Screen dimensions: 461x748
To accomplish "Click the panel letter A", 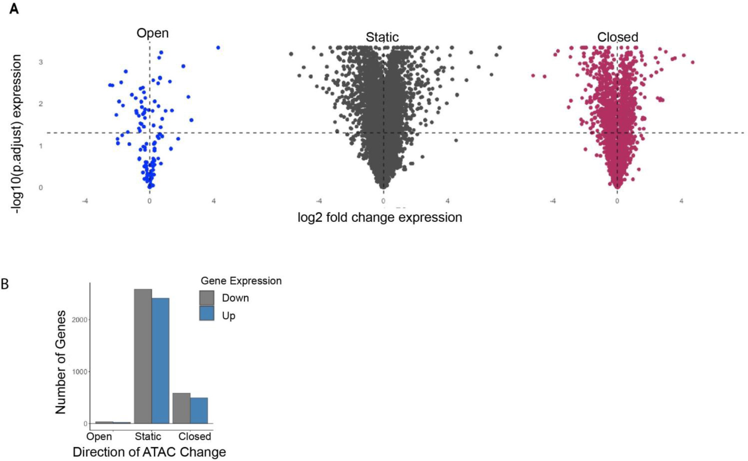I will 14,9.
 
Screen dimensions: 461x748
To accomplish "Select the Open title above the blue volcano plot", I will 153,33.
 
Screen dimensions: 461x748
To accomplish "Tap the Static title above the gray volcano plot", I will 382,37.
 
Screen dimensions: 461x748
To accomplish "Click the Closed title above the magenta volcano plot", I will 617,37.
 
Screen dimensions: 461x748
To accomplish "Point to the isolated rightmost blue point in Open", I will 218,48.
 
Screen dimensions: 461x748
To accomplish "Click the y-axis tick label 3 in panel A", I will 41,62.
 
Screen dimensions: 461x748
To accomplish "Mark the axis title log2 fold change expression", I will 380,217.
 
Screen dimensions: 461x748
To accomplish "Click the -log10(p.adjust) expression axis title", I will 16,133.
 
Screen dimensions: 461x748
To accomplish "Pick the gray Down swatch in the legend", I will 206,298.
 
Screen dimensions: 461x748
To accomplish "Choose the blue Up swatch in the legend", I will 206,313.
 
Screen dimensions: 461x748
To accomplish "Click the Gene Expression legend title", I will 241,281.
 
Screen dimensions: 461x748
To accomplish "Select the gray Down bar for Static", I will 143,356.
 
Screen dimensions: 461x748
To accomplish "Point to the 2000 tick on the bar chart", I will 80,320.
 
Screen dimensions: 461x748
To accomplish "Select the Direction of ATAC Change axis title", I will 149,452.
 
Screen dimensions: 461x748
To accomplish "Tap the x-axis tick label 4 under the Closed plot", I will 681,201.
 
